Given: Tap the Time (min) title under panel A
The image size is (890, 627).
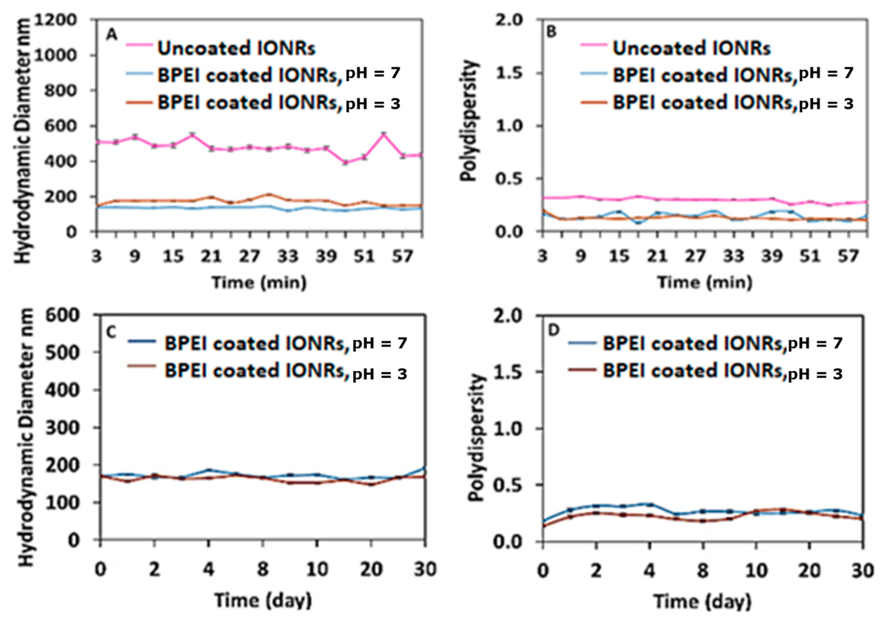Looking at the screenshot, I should (x=259, y=282).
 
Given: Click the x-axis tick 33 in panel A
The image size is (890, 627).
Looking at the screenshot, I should (x=288, y=256).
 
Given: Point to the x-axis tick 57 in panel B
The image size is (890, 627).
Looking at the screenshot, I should (x=847, y=256).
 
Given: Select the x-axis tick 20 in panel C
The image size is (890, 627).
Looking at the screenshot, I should (x=371, y=570).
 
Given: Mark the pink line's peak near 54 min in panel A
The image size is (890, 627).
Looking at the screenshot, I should (x=383, y=134).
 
